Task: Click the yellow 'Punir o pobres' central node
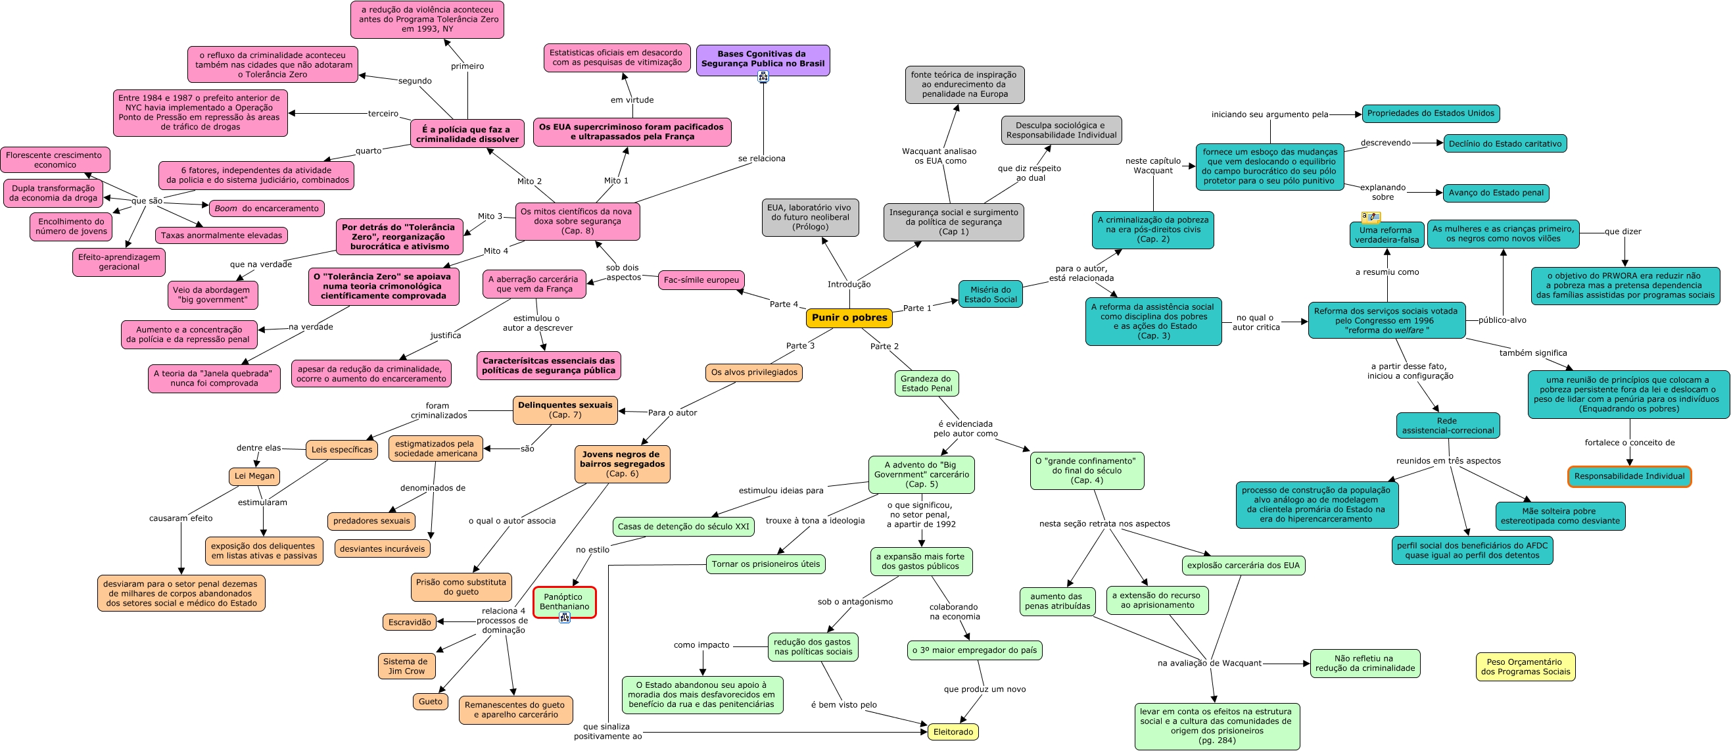click(x=849, y=318)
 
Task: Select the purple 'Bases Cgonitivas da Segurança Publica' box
click(x=763, y=59)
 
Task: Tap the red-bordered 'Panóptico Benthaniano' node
click(x=565, y=601)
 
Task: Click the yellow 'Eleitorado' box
click(x=953, y=731)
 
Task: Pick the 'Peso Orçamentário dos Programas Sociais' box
click(x=1525, y=666)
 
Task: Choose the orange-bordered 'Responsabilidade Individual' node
click(x=1629, y=476)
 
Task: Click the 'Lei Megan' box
click(x=254, y=476)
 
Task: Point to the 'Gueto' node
click(x=430, y=701)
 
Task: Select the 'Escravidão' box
click(x=409, y=622)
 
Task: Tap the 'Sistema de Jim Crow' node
click(x=406, y=666)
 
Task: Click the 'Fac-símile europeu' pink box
click(x=701, y=279)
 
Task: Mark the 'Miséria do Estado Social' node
click(x=990, y=295)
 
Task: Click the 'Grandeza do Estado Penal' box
click(x=927, y=383)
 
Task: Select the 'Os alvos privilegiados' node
click(x=754, y=372)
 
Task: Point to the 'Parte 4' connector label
click(x=784, y=304)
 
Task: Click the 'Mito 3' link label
click(x=490, y=216)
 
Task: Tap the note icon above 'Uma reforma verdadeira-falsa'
click(x=1370, y=217)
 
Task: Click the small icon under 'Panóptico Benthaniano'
click(x=565, y=618)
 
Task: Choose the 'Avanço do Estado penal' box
click(x=1496, y=193)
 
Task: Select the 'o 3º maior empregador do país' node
click(x=974, y=650)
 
